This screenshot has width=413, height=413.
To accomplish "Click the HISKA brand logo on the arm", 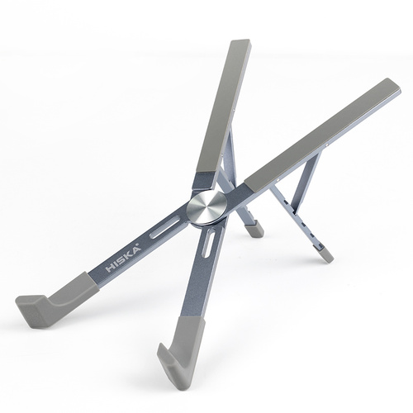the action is pyautogui.click(x=124, y=259).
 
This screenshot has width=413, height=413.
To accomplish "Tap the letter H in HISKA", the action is pyautogui.click(x=111, y=268).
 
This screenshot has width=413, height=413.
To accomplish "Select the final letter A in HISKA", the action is pyautogui.click(x=135, y=250).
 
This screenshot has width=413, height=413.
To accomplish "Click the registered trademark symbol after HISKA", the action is pyautogui.click(x=140, y=245).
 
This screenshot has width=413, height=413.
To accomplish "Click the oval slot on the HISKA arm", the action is pyautogui.click(x=166, y=228).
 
